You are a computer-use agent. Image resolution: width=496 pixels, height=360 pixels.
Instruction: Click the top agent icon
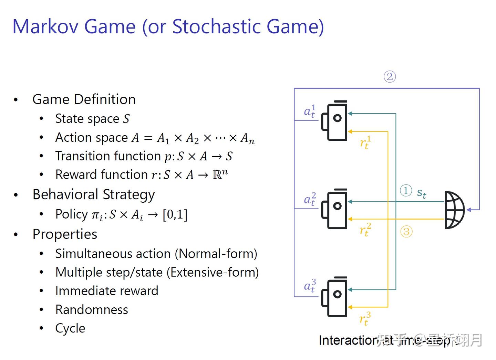334,120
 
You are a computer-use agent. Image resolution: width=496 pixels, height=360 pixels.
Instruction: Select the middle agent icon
334,209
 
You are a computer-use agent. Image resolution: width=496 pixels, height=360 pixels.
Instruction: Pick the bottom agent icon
334,297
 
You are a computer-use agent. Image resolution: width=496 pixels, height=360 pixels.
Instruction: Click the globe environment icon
454,210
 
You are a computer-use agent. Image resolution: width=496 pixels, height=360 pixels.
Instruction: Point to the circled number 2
390,76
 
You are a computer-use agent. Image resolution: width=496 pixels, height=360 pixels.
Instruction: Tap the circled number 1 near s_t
406,190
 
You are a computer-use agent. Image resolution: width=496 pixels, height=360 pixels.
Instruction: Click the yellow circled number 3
406,231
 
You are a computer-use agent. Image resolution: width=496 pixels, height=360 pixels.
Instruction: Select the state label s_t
421,193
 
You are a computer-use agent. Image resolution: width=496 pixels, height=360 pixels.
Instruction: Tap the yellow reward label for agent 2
365,229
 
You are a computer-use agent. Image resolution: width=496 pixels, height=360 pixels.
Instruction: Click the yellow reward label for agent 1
365,142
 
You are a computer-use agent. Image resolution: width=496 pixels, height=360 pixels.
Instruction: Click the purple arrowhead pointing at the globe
469,209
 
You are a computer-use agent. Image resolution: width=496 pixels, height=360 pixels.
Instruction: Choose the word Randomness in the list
92,310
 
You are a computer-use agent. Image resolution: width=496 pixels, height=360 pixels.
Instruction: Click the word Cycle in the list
70,328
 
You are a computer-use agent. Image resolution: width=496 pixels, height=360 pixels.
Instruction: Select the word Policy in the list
72,214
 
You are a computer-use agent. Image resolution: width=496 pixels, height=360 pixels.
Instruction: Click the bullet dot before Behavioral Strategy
15,195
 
